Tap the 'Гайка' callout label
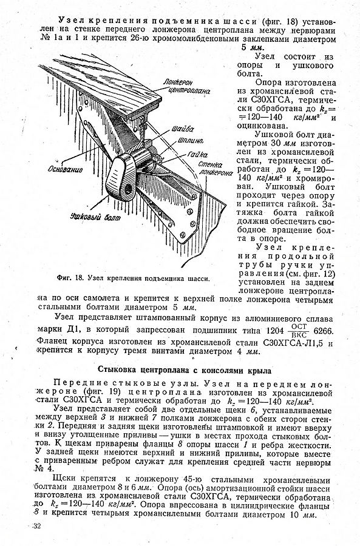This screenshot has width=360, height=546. point(197,154)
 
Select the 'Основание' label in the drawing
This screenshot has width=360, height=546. point(66,170)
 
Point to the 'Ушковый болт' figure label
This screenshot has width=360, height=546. point(95,217)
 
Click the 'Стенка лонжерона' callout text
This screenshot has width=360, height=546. point(216,168)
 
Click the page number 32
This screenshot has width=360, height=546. point(36,526)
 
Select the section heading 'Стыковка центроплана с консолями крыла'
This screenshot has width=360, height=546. point(185,370)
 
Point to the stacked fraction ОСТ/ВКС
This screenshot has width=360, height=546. point(299,330)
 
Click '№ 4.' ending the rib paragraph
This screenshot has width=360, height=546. point(44,468)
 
